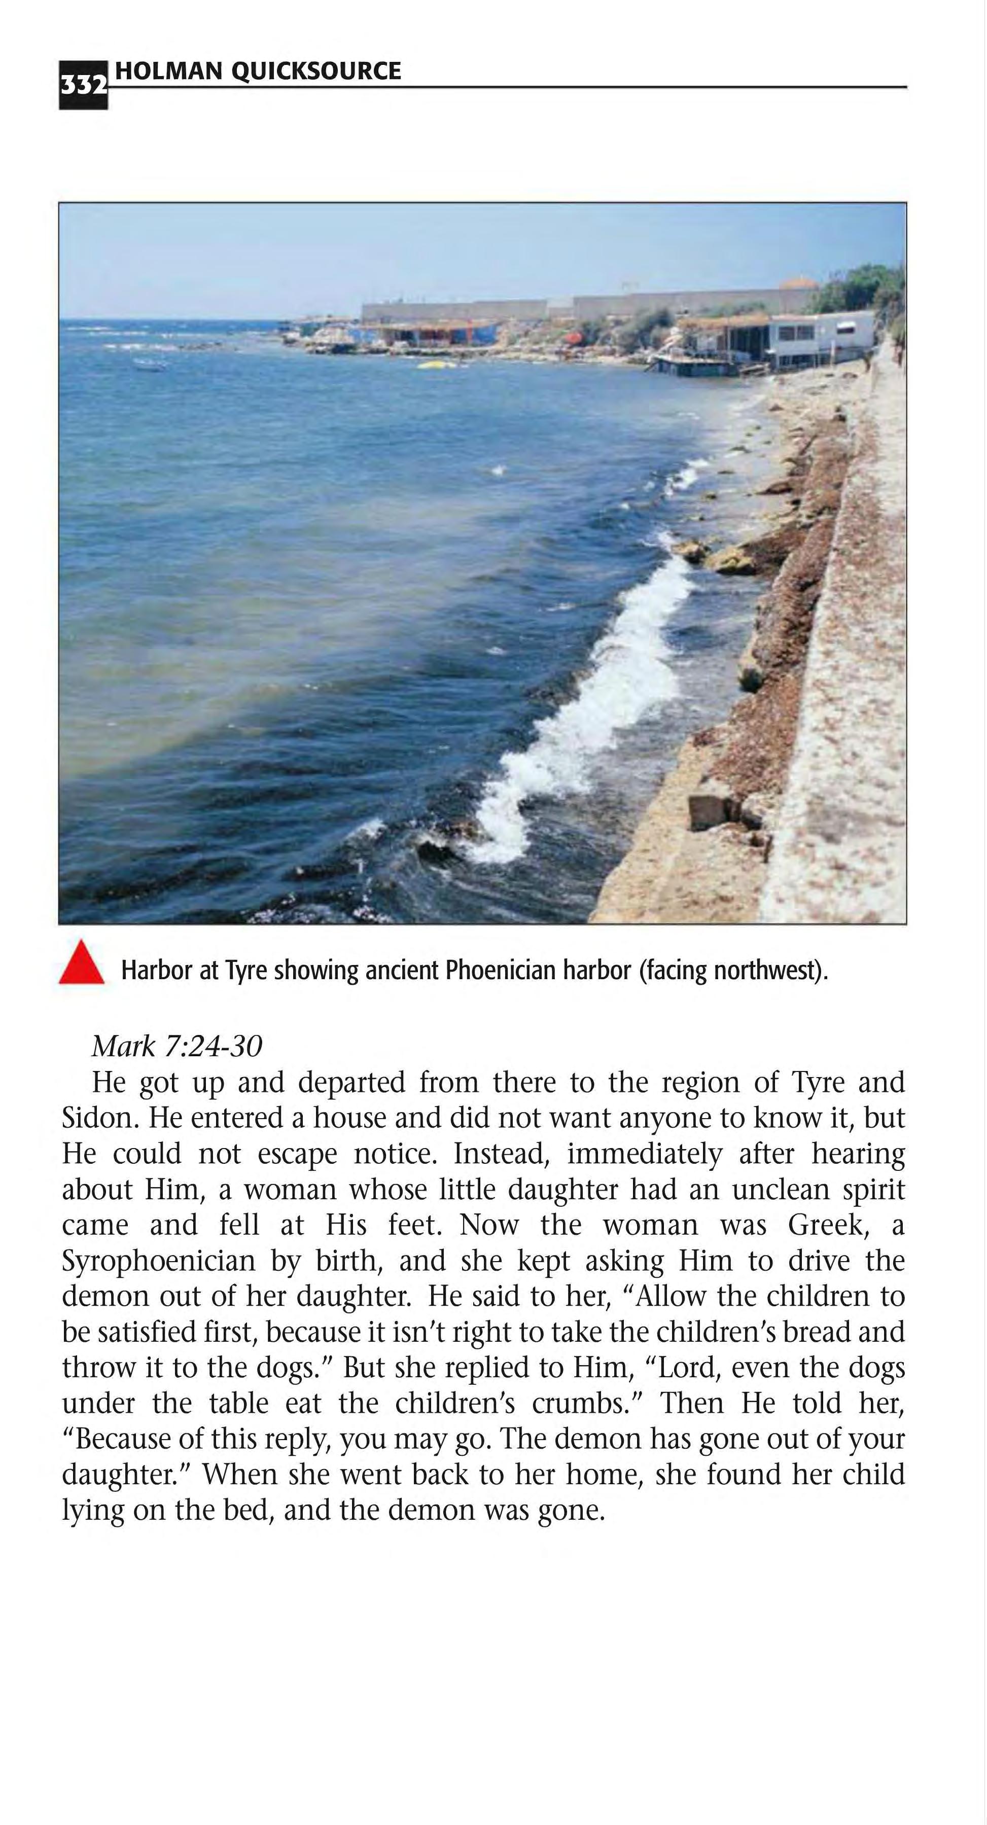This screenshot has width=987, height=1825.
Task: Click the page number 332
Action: [x=83, y=86]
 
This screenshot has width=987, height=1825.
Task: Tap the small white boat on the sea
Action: [x=149, y=366]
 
